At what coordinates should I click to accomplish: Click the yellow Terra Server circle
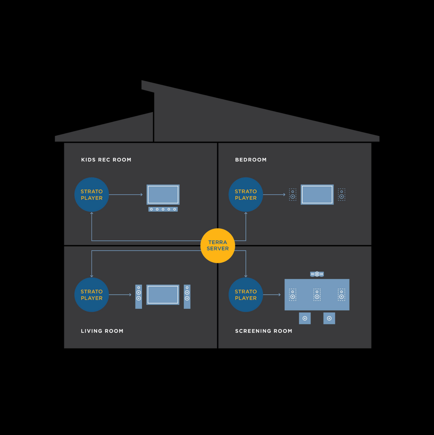click(217, 246)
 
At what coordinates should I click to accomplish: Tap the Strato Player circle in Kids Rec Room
click(92, 195)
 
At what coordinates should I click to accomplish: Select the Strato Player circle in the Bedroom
click(246, 195)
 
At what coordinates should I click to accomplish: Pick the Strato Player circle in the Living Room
click(92, 295)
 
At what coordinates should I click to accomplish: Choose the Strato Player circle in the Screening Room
click(246, 295)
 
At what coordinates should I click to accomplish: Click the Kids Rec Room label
click(106, 160)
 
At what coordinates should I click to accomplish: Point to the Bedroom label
click(251, 160)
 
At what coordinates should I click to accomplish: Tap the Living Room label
click(102, 331)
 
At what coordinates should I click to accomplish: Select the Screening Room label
click(263, 331)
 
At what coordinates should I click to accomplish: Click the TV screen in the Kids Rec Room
click(163, 195)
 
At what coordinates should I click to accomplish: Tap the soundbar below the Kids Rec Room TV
click(163, 209)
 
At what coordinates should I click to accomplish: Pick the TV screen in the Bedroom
click(317, 195)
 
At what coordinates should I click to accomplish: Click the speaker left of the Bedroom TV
click(293, 195)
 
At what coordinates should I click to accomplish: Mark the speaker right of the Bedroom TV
click(341, 195)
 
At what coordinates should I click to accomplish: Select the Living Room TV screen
click(163, 295)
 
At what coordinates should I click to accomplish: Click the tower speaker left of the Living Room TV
click(138, 296)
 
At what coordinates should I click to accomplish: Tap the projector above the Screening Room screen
click(317, 274)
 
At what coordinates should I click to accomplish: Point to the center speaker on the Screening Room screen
click(317, 295)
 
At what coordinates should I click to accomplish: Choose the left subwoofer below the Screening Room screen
click(305, 318)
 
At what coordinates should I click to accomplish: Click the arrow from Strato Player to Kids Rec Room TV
click(126, 195)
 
